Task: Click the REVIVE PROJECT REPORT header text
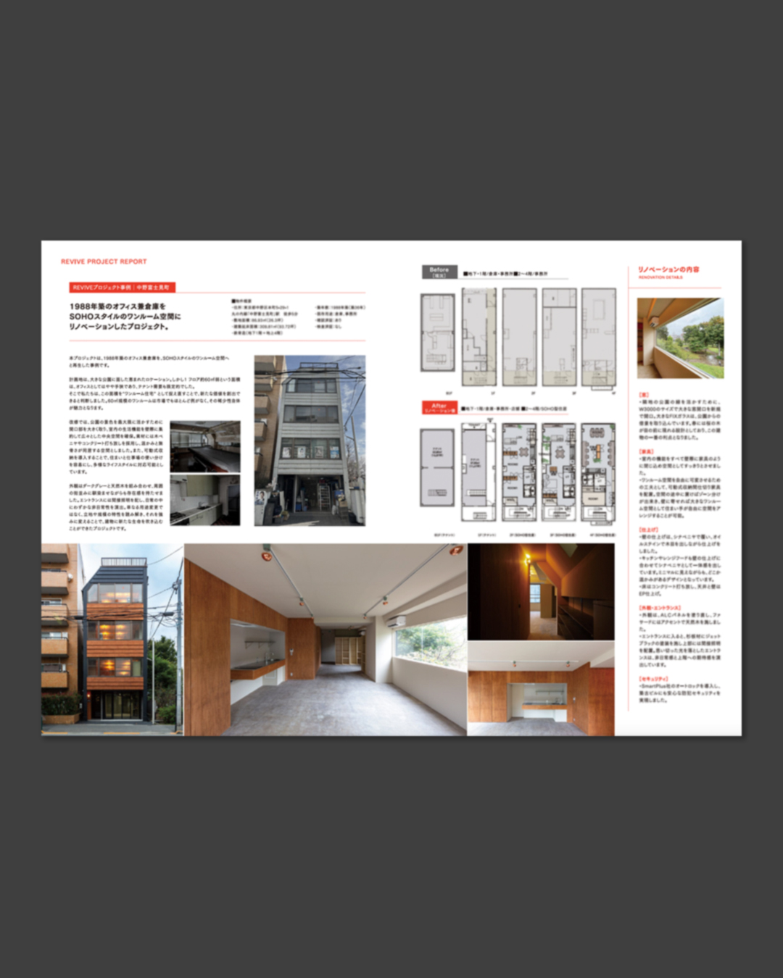[x=104, y=262]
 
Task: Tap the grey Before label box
[x=439, y=272]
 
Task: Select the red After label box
[x=439, y=408]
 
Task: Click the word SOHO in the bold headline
[x=82, y=317]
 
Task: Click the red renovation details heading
[x=668, y=269]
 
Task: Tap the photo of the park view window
[x=680, y=338]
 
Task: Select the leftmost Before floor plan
[x=437, y=333]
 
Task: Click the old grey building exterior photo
[x=310, y=440]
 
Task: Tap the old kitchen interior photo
[x=205, y=500]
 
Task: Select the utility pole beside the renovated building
[x=176, y=652]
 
